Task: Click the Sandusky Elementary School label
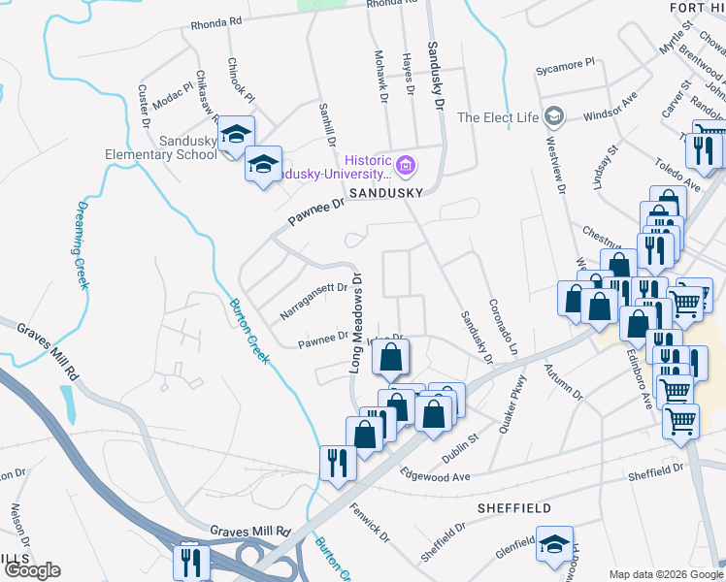point(161,146)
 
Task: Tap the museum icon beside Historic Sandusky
point(406,167)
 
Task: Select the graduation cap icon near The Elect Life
point(553,117)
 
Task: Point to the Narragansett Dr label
point(313,301)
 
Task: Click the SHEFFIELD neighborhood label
point(514,507)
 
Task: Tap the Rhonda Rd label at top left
point(216,21)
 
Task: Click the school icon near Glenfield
point(554,543)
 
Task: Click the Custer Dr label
point(144,107)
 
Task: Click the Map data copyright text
point(666,573)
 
